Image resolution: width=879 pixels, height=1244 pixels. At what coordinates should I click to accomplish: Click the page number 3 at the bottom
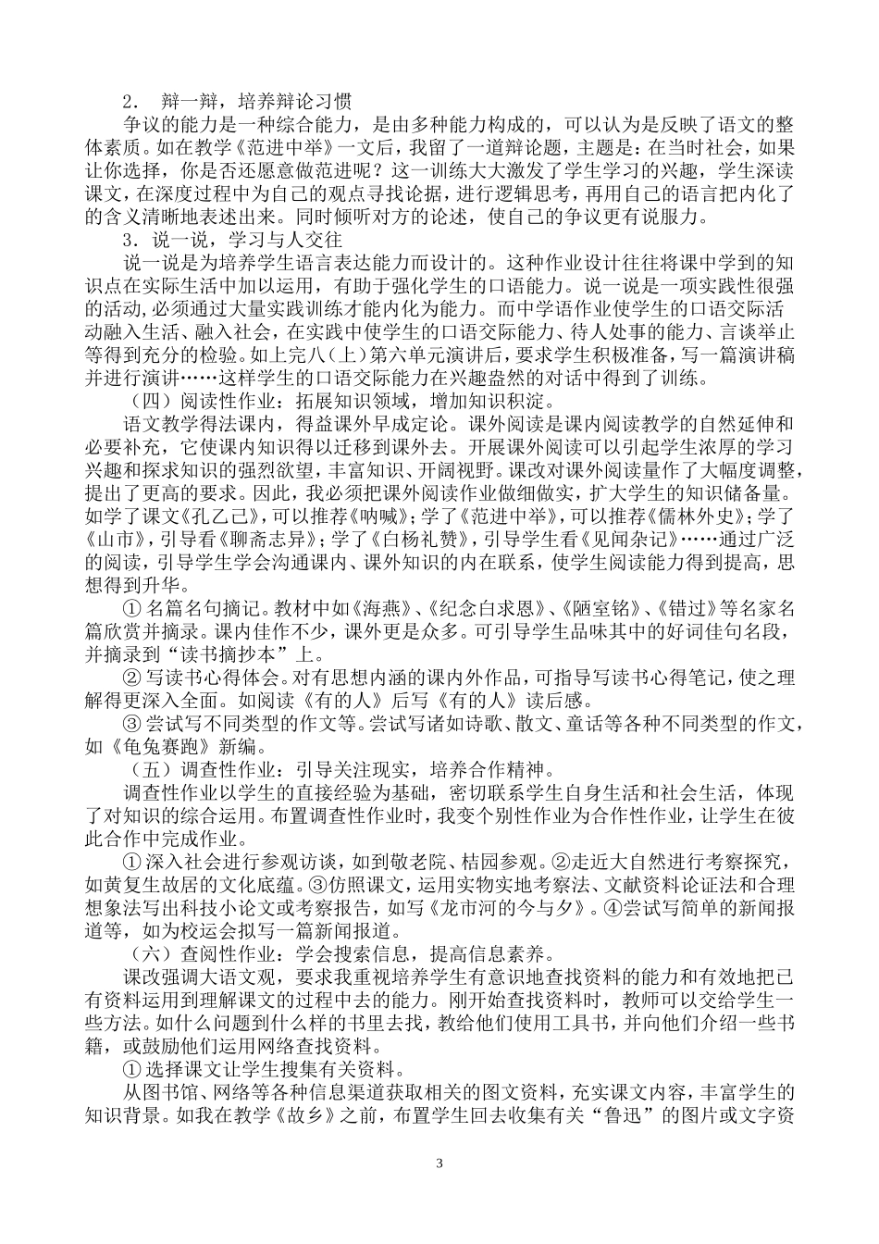click(x=439, y=1162)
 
